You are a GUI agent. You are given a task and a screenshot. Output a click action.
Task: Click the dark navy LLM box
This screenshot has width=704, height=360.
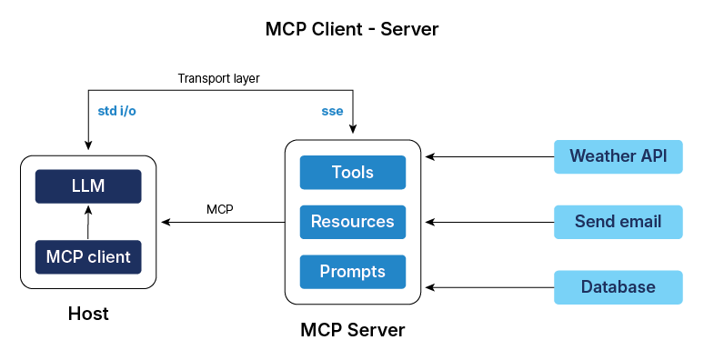coord(88,186)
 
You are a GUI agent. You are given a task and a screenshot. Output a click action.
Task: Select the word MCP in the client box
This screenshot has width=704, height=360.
coord(65,257)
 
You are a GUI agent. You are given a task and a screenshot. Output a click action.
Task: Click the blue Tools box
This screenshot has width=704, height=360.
coord(352,173)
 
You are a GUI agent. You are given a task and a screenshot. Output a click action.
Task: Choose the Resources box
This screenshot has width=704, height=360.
coord(352,222)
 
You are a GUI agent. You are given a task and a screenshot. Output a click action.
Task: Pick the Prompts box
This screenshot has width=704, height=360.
coord(352,271)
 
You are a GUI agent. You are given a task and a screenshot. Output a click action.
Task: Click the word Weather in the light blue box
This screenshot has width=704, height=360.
coord(601,156)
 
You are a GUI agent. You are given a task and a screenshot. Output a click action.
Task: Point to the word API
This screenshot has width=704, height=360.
coord(653,156)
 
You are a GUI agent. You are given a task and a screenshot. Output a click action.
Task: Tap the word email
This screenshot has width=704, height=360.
coord(641,222)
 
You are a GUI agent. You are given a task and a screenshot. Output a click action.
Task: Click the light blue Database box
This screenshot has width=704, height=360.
coord(618,287)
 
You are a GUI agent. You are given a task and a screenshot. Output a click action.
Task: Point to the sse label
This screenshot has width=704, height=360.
coord(332,112)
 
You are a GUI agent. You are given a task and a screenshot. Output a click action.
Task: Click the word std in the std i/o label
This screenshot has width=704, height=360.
coord(107,112)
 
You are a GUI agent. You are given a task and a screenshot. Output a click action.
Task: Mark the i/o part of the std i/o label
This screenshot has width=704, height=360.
coord(128,112)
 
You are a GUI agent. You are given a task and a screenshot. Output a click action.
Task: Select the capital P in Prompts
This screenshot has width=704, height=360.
coord(325,271)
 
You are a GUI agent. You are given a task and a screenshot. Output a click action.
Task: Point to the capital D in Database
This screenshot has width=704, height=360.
coord(587,287)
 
